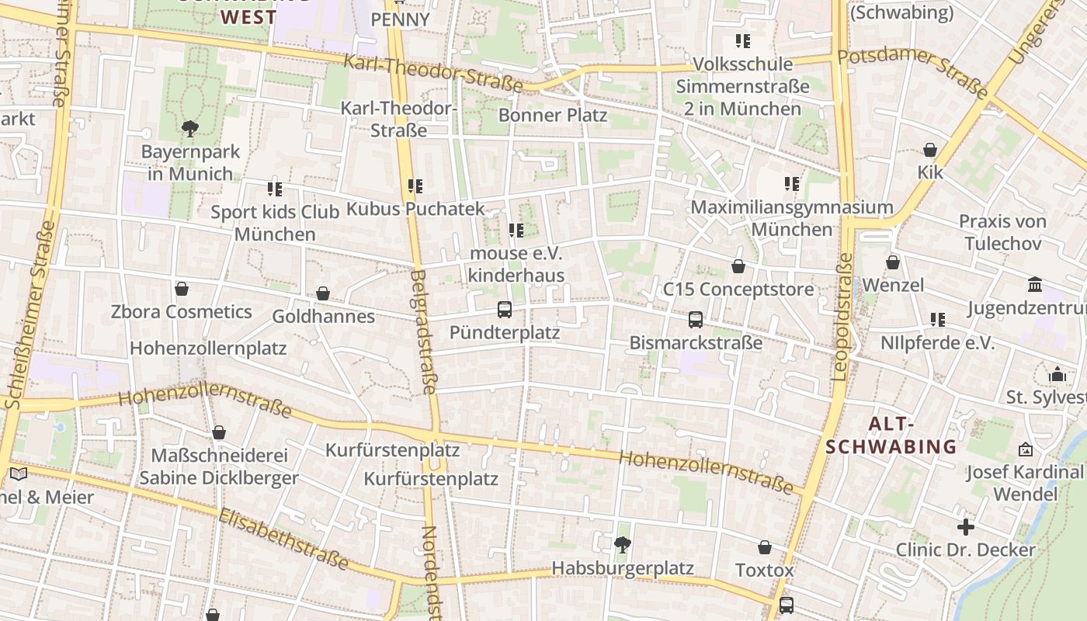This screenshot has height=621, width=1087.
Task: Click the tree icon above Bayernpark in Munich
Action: (189, 128)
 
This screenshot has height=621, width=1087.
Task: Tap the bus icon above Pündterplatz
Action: (505, 310)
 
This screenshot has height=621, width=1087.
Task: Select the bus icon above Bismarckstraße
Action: (696, 320)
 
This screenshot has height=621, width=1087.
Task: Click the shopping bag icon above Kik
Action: (930, 150)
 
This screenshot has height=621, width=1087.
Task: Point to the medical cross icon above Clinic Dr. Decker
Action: (965, 527)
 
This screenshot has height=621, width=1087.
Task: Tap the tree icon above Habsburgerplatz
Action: (622, 545)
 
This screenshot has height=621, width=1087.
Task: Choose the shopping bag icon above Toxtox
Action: (765, 547)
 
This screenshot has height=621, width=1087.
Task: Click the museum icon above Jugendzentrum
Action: (1035, 285)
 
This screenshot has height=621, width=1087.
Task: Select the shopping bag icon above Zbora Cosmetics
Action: (182, 289)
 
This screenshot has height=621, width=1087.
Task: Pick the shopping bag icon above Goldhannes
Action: (323, 293)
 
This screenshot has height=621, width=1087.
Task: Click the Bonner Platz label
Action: (553, 116)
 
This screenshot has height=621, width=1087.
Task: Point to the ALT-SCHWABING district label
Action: (891, 435)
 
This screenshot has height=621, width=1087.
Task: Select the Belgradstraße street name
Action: (425, 331)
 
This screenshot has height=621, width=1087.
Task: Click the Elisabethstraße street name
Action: (283, 539)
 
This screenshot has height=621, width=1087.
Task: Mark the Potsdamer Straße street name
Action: (914, 71)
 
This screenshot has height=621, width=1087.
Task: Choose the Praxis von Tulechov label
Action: (1002, 232)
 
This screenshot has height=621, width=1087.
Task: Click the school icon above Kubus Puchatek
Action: (415, 186)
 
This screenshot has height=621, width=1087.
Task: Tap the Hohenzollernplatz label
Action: (208, 349)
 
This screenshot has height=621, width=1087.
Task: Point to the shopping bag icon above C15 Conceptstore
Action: (738, 266)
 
